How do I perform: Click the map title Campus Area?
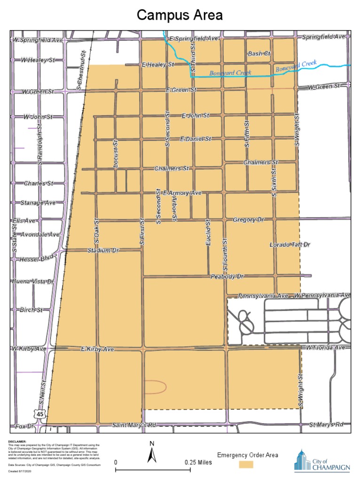click(x=180, y=16)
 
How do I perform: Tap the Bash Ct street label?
click(x=259, y=54)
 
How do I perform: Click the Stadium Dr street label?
click(x=103, y=250)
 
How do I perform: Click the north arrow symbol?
click(x=152, y=453)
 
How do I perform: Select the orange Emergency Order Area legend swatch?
click(x=245, y=464)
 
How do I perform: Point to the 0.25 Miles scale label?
click(x=198, y=462)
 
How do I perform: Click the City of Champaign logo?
click(x=322, y=460)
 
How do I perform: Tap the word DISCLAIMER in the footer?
click(x=17, y=442)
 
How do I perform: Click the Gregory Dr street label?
click(x=249, y=220)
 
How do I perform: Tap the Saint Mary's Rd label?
click(x=133, y=425)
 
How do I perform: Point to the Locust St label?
click(x=115, y=154)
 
